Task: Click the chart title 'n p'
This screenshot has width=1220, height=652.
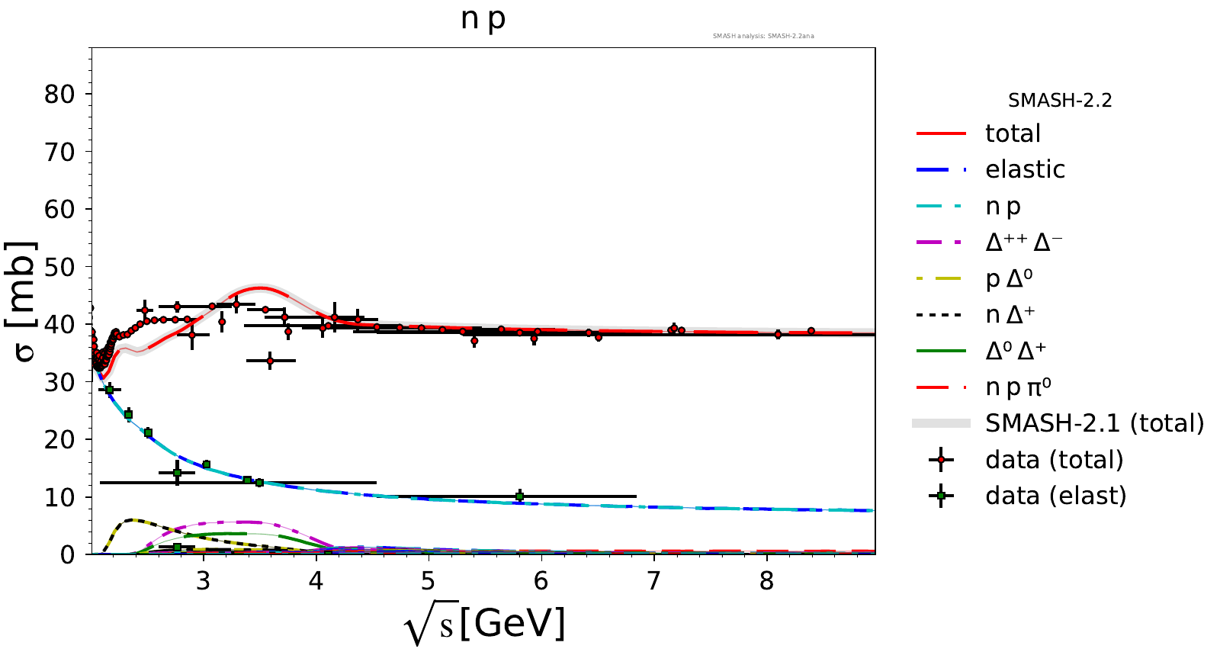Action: (x=483, y=19)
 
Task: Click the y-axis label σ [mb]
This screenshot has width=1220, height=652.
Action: (x=21, y=301)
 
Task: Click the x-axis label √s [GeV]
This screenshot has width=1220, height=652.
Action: (x=485, y=625)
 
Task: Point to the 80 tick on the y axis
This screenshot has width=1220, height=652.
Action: (x=59, y=95)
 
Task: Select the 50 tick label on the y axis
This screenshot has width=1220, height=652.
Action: (x=59, y=267)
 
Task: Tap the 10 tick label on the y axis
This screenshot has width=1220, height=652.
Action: (x=59, y=497)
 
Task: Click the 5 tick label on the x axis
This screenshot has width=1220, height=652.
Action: (x=429, y=582)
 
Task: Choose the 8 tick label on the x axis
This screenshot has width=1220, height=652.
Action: (x=766, y=582)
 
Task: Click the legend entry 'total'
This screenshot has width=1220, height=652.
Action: (x=1013, y=133)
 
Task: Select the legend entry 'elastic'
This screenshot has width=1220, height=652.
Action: (x=1025, y=169)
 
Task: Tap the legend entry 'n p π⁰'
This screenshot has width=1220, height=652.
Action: (x=1018, y=387)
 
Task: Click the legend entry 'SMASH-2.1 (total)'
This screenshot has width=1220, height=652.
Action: (x=1094, y=423)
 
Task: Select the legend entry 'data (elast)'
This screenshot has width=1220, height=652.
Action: (x=1055, y=496)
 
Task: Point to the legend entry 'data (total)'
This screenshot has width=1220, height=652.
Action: (x=1054, y=460)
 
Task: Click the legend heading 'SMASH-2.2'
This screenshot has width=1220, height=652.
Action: (x=1060, y=101)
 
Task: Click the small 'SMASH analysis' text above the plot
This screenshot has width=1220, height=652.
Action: (x=763, y=36)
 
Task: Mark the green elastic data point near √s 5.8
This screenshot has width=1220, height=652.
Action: (x=519, y=496)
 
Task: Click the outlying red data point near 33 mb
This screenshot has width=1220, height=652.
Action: (x=270, y=361)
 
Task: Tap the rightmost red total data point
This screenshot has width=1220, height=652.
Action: (x=811, y=331)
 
